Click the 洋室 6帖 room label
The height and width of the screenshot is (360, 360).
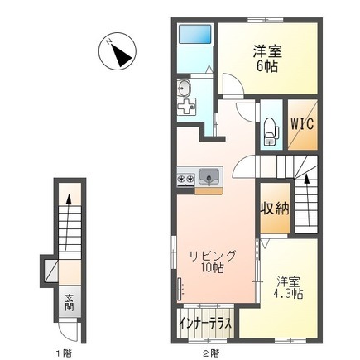coord(266,58)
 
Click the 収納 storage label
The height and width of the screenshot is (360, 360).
coord(274,208)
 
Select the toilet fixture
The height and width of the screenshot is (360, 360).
coord(269,128)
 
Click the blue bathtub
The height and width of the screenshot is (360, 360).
coord(195,37)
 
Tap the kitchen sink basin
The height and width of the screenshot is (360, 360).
coord(210,175)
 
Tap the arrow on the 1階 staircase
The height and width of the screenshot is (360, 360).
coord(70,201)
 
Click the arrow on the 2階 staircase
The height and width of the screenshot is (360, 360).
coord(307,178)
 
